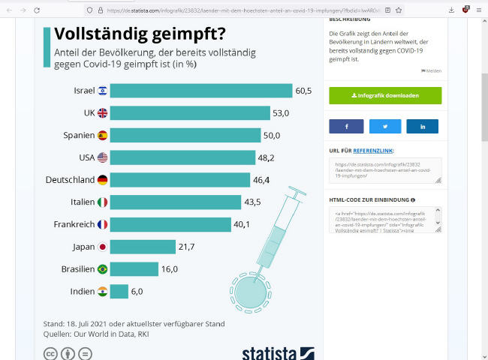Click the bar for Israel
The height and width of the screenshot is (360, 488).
click(x=200, y=91)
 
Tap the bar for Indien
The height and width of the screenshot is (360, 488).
click(x=119, y=291)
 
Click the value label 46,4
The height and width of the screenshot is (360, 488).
click(x=262, y=180)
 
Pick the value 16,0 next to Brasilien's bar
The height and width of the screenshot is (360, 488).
click(x=170, y=269)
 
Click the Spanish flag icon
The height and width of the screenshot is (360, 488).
click(x=102, y=136)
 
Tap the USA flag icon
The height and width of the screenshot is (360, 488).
click(x=102, y=157)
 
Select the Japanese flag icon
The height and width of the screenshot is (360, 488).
click(x=102, y=247)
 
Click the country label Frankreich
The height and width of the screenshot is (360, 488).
click(x=74, y=224)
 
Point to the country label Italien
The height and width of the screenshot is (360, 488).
click(x=79, y=202)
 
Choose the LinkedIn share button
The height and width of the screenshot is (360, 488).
click(x=423, y=127)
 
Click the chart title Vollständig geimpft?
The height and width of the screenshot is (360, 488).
click(x=142, y=35)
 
